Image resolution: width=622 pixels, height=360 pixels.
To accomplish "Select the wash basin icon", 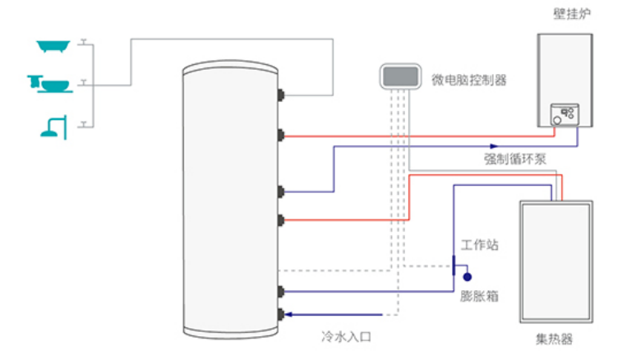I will point(49,84).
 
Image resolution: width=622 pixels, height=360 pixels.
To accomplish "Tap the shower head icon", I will point(50,125).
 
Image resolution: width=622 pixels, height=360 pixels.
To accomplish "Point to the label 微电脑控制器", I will point(469,80).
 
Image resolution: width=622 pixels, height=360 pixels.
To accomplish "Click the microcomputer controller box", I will point(400,76).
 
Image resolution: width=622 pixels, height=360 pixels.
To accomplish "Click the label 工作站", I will point(480,245).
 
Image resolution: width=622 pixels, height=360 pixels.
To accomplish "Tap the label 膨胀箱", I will point(479,296).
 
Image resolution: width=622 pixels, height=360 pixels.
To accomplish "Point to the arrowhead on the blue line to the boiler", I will point(490,146).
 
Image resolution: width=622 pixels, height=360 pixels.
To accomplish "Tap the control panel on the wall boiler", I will point(564,113).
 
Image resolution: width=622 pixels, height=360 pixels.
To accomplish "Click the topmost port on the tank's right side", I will point(283,95).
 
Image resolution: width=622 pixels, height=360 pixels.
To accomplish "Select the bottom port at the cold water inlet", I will point(283,314).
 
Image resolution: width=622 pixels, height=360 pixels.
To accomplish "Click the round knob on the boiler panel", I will point(557,119).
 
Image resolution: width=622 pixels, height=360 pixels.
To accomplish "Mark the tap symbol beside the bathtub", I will point(84,43).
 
